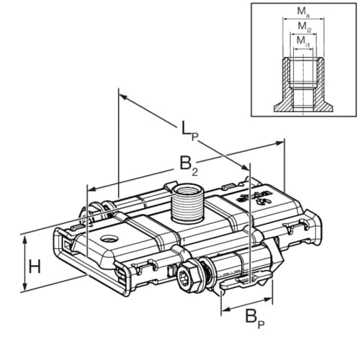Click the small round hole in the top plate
click(107, 238)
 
